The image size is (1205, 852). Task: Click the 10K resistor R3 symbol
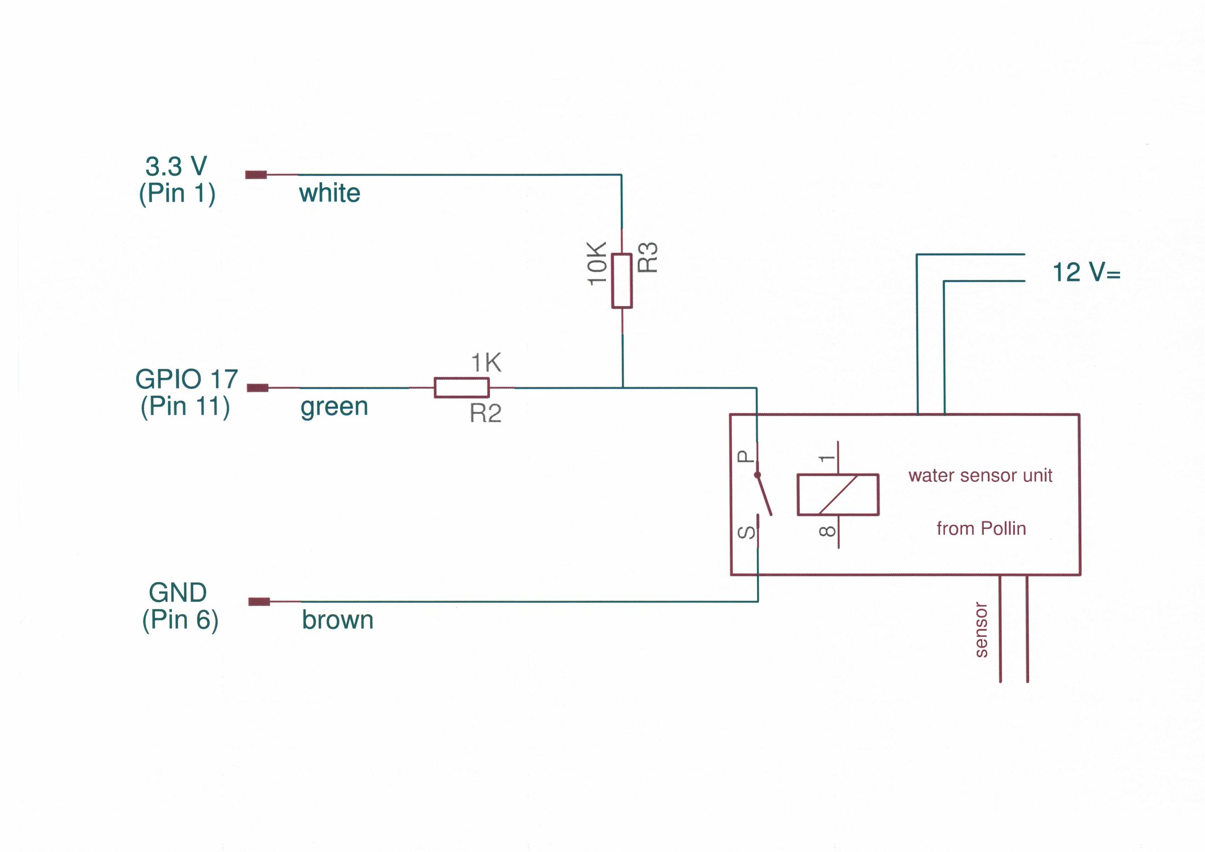(622, 281)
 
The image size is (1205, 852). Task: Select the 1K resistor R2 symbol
(462, 388)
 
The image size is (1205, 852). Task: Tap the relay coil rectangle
(838, 495)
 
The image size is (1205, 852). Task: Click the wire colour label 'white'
(329, 193)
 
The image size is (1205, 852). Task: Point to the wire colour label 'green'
(334, 407)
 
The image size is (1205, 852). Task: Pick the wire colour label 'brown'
(337, 620)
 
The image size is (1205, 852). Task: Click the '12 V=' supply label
(1087, 273)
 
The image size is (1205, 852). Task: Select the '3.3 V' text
(176, 166)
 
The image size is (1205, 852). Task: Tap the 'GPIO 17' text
(187, 379)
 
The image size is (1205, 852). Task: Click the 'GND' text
(178, 592)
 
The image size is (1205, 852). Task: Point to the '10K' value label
(597, 264)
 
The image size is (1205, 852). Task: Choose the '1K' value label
(486, 363)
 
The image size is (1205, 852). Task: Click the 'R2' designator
(486, 414)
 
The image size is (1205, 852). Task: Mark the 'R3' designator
(648, 257)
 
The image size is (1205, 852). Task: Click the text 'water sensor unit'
(981, 475)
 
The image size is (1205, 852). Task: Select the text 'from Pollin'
(981, 529)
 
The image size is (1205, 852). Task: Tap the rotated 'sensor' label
(981, 630)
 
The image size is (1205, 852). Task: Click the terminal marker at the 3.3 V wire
(256, 175)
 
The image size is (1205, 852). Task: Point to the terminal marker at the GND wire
(259, 601)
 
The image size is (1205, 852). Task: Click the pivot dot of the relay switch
(757, 475)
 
